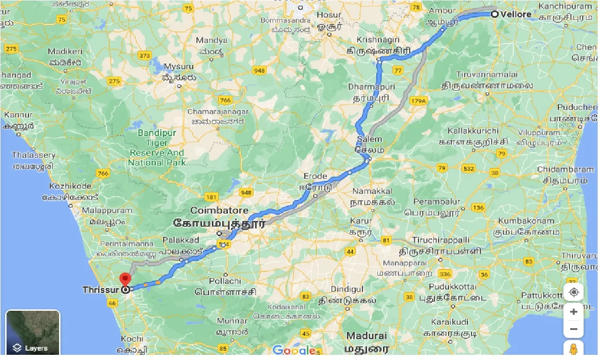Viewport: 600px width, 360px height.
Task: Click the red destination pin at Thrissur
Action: click(125, 279)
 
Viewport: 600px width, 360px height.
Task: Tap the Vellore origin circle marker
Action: click(495, 14)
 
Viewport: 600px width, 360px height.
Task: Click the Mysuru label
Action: click(178, 67)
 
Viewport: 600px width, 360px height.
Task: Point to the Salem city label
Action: click(369, 139)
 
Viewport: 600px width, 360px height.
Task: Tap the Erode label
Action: click(315, 176)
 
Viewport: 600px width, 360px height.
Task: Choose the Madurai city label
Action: click(367, 336)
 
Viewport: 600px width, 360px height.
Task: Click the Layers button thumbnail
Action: click(33, 332)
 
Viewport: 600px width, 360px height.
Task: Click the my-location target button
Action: click(574, 292)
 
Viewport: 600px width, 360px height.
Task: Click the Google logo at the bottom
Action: click(294, 350)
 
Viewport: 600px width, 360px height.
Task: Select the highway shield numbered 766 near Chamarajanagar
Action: click(225, 100)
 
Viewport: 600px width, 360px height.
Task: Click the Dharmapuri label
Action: click(372, 87)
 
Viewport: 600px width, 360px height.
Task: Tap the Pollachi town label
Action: click(225, 281)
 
